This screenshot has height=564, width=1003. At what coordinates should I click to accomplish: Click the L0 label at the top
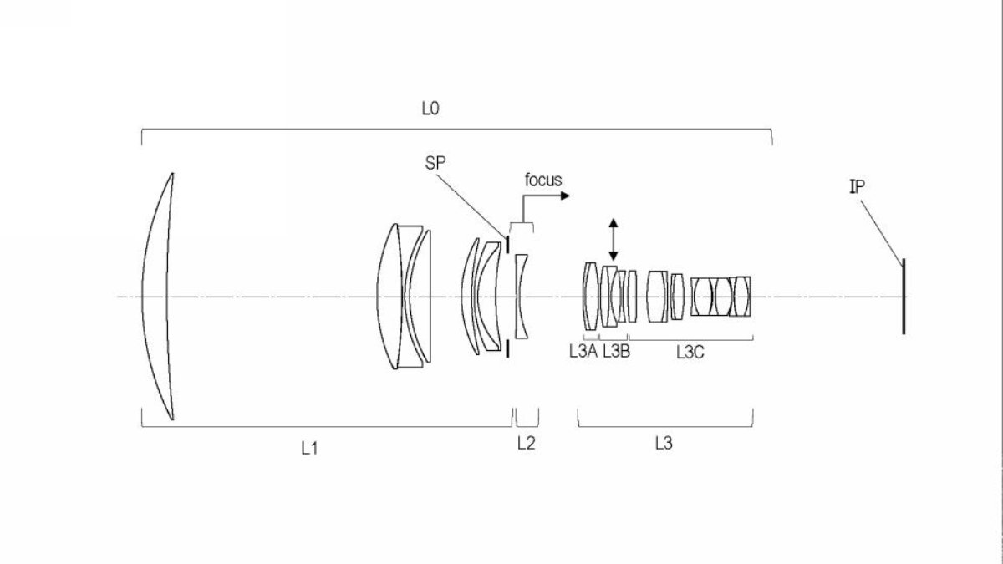tap(430, 109)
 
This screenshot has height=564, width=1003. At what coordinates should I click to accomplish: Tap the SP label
tap(435, 163)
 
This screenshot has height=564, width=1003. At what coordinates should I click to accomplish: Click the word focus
tap(543, 180)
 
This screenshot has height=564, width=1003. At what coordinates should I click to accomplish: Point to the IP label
tap(857, 186)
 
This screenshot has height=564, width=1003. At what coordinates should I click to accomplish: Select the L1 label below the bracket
tap(309, 448)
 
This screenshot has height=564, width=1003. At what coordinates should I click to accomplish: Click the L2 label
tap(526, 443)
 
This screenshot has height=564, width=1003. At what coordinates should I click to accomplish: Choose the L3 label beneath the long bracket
tap(664, 443)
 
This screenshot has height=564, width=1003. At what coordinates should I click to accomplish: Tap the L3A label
tap(583, 352)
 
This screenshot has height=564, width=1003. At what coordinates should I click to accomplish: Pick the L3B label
tap(616, 352)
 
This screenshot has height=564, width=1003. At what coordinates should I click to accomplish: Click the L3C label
tap(690, 353)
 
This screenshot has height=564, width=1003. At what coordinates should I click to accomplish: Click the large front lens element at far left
tap(158, 297)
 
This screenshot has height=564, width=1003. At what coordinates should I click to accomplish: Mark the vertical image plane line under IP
tap(904, 297)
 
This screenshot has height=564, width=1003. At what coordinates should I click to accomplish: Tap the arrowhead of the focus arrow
tap(565, 196)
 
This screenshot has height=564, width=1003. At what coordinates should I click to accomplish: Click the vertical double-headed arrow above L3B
tap(614, 240)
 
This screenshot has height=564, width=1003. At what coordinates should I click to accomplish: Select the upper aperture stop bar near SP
tap(507, 244)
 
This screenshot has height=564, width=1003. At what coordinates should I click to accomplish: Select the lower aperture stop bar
tap(507, 348)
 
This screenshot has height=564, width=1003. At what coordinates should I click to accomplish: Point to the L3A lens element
tap(591, 297)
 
